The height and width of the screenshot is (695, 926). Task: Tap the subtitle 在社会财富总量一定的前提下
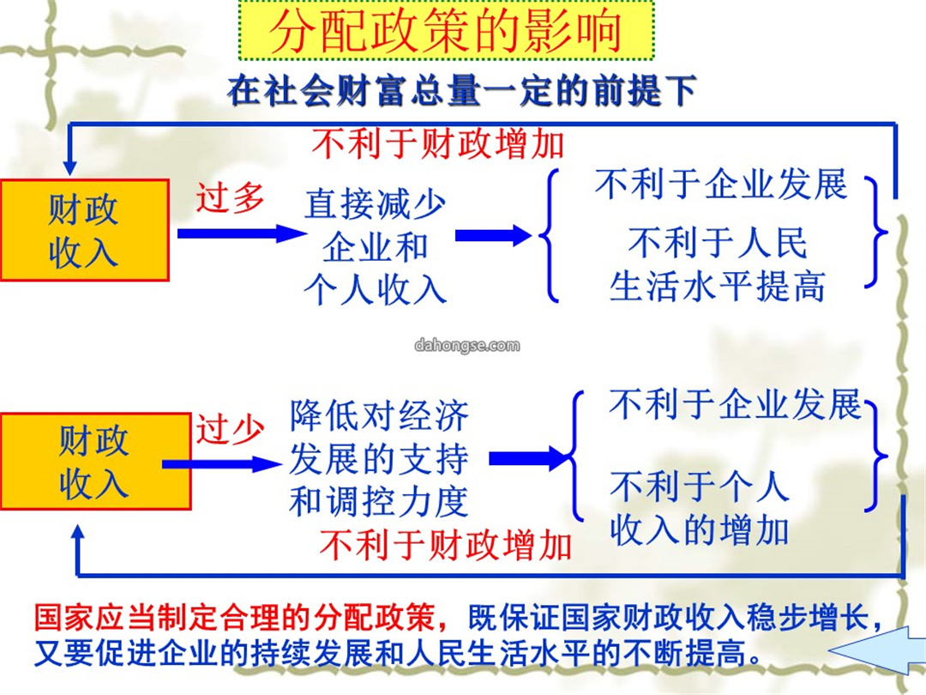pyautogui.click(x=462, y=91)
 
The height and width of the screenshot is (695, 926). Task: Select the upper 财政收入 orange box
pyautogui.click(x=85, y=230)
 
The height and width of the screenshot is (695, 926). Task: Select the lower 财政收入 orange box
pyautogui.click(x=96, y=461)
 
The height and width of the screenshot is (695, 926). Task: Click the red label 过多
pyautogui.click(x=231, y=198)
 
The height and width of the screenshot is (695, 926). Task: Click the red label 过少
pyautogui.click(x=231, y=428)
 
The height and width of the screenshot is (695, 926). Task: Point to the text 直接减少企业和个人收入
pyautogui.click(x=375, y=247)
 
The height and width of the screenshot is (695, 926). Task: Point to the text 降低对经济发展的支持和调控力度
pyautogui.click(x=379, y=458)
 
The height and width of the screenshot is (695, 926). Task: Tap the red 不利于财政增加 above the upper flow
pyautogui.click(x=438, y=143)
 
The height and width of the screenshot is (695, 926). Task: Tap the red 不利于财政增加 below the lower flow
pyautogui.click(x=445, y=544)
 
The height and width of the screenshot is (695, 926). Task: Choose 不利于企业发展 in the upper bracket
pyautogui.click(x=721, y=184)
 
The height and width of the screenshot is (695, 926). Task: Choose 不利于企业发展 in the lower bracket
pyautogui.click(x=736, y=405)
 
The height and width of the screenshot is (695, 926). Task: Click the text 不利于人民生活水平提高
pyautogui.click(x=718, y=264)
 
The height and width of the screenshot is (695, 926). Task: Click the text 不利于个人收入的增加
pyautogui.click(x=700, y=508)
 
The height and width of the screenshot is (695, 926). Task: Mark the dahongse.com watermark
pyautogui.click(x=467, y=345)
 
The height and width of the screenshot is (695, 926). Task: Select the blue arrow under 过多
pyautogui.click(x=241, y=233)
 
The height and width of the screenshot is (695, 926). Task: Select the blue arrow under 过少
pyautogui.click(x=222, y=464)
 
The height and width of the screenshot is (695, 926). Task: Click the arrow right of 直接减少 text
pyautogui.click(x=493, y=235)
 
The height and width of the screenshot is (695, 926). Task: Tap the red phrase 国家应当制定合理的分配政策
pyautogui.click(x=234, y=618)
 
